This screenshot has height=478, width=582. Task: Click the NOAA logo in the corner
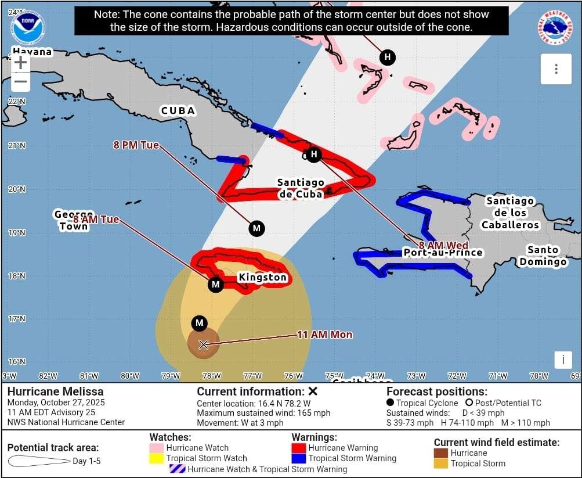(27, 28)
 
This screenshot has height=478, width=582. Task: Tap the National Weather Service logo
(555, 28)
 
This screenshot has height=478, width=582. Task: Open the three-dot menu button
(556, 69)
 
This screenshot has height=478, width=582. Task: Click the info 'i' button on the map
(562, 360)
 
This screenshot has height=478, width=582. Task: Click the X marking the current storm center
(204, 344)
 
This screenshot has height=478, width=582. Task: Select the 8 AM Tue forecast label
(96, 220)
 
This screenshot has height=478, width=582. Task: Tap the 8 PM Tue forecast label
(136, 145)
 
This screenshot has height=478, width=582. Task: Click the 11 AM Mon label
(324, 335)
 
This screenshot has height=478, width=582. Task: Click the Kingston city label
(262, 278)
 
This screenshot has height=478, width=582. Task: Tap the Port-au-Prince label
(443, 253)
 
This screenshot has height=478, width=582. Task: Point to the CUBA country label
(178, 111)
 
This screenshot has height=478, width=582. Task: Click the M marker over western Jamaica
(215, 284)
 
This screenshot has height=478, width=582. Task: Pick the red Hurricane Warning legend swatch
(298, 448)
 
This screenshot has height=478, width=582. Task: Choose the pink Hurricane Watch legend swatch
(157, 448)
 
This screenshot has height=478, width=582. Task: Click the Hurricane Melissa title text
(56, 391)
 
